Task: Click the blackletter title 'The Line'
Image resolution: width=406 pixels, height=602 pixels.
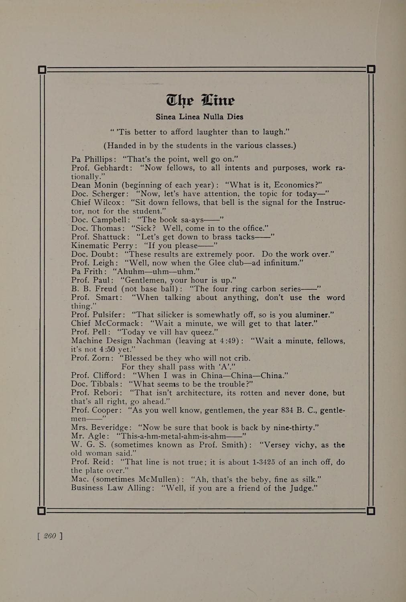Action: tap(200, 100)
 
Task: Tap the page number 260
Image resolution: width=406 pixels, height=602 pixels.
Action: tap(50, 536)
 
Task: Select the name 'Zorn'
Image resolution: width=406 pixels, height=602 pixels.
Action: tap(104, 358)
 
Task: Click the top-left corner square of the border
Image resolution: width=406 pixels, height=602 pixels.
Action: tap(42, 70)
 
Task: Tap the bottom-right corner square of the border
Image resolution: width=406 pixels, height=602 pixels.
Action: tap(371, 510)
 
